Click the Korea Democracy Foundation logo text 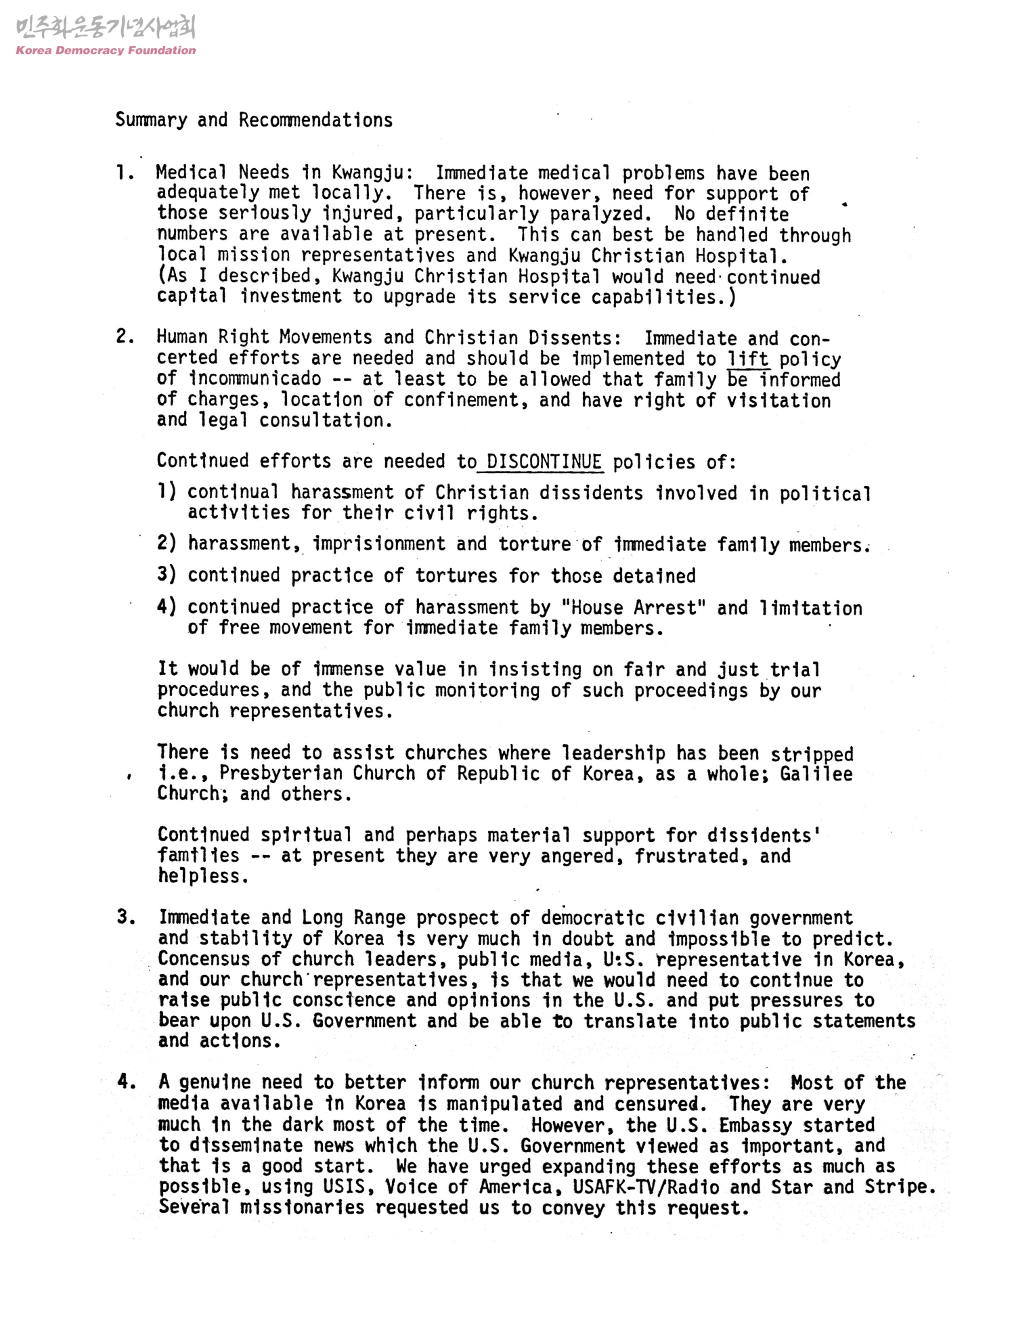[x=105, y=50]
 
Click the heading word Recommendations [x=315, y=120]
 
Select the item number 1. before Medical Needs [x=124, y=173]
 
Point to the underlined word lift [x=748, y=359]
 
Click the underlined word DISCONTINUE [x=544, y=462]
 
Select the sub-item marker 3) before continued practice [x=167, y=575]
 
